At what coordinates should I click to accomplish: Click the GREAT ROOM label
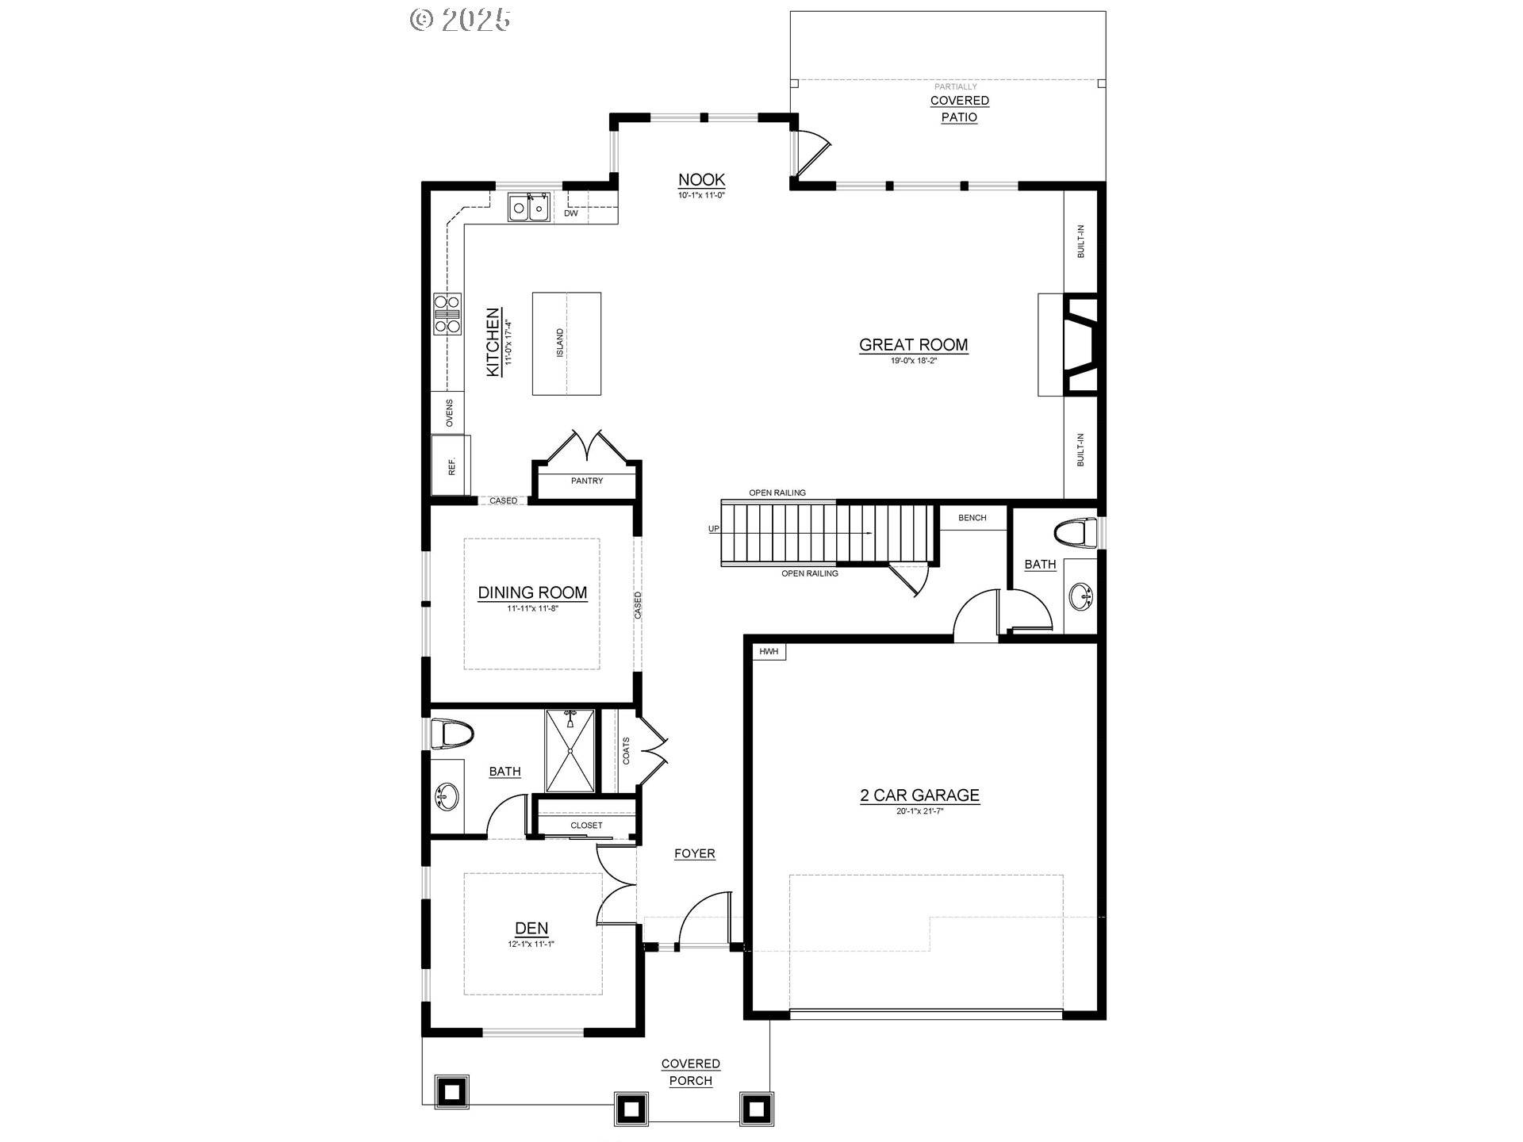click(x=913, y=345)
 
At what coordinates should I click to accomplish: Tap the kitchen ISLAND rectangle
click(x=566, y=343)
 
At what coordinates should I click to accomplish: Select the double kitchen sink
click(x=529, y=209)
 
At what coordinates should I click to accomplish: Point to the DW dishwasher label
click(x=570, y=213)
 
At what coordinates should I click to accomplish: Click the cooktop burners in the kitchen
click(x=447, y=313)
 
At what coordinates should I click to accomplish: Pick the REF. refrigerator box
click(x=451, y=466)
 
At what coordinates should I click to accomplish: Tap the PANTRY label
click(x=586, y=481)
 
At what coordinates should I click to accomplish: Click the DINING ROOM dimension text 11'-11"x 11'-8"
click(x=532, y=609)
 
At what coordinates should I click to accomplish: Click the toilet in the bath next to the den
click(x=451, y=734)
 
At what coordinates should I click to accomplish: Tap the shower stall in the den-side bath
click(x=570, y=750)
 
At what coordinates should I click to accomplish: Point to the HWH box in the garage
click(x=769, y=652)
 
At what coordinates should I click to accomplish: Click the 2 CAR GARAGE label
click(x=919, y=795)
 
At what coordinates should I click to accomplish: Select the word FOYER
click(x=694, y=853)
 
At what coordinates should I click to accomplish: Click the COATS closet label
click(x=626, y=750)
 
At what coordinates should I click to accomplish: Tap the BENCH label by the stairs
click(x=972, y=518)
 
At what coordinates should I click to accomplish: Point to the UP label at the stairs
click(x=714, y=529)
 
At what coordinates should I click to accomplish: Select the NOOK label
click(x=701, y=180)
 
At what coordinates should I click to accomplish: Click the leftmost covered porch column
click(x=451, y=1092)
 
